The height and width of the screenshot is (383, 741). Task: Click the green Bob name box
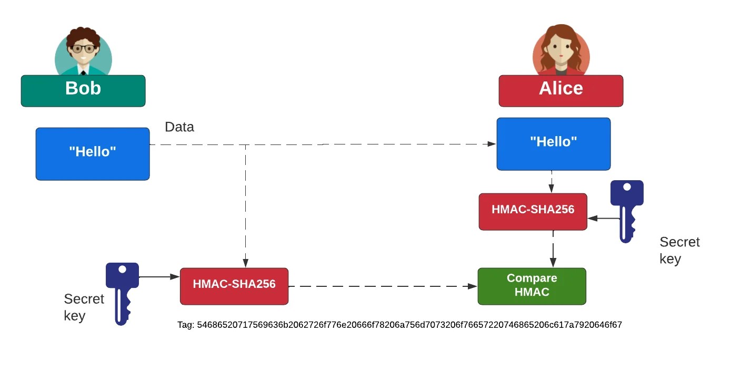[x=83, y=90]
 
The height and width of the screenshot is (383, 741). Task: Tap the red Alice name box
[x=560, y=90]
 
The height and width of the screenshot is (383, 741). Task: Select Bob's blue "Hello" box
[x=93, y=153]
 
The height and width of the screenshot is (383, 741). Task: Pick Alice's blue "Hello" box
[x=553, y=143]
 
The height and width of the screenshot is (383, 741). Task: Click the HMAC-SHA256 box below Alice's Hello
[x=533, y=211]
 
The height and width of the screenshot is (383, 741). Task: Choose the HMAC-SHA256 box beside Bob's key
[x=234, y=286]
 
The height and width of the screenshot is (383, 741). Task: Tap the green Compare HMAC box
[x=532, y=286]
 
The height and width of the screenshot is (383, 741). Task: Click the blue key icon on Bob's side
[x=122, y=292]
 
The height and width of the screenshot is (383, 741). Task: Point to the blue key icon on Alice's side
[x=627, y=210]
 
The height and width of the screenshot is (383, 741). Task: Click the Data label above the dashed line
[x=179, y=127]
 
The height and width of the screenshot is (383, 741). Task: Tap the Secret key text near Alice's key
[x=679, y=250]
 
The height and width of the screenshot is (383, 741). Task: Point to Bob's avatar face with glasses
[x=83, y=50]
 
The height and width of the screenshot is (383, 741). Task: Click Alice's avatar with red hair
[x=561, y=48]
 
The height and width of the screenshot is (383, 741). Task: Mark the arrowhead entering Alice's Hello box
[x=492, y=143]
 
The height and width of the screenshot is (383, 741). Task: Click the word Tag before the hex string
[x=186, y=325]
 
